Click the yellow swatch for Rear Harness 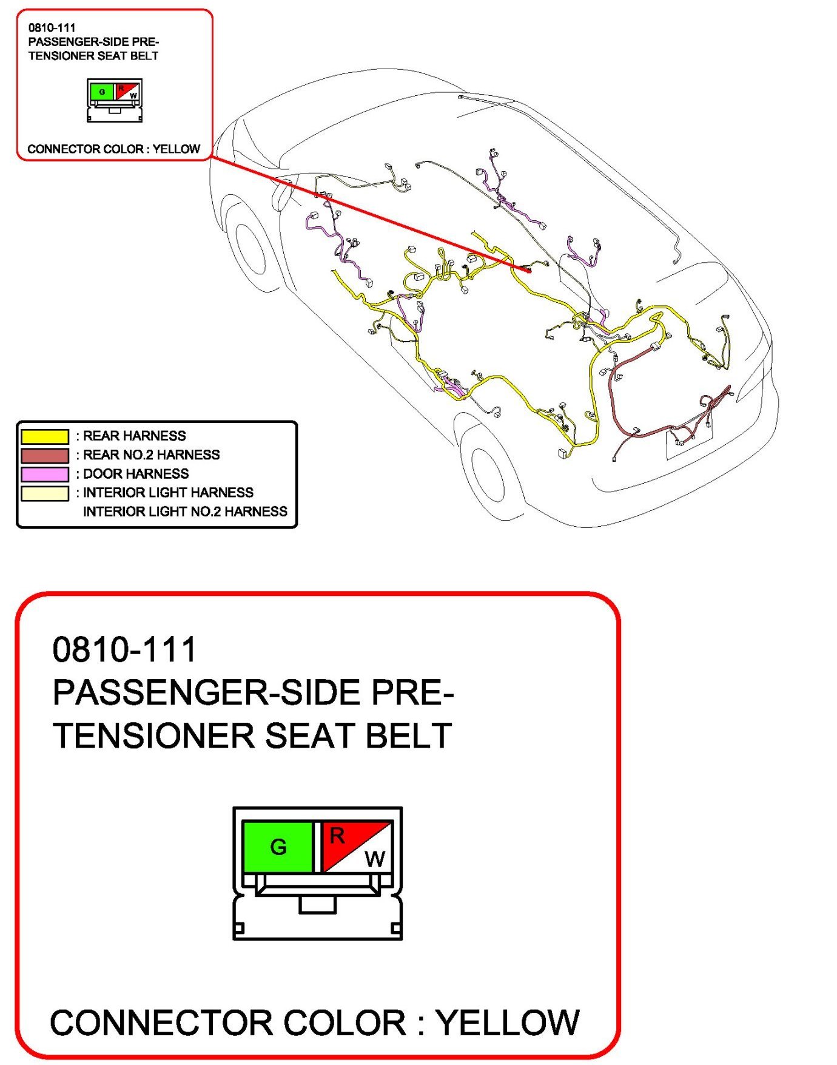coord(45,436)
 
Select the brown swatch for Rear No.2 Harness coord(45,455)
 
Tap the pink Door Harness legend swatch coord(45,474)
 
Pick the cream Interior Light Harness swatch coord(45,493)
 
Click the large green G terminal coord(278,847)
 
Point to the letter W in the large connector coord(375,859)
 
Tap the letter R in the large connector coord(337,836)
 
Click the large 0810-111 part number coord(124,649)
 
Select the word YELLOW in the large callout coord(508,1023)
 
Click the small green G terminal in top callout coord(102,92)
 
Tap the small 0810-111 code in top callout coord(52,27)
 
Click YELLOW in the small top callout coord(176,149)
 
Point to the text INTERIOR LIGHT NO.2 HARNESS coord(185,512)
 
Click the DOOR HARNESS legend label coord(136,474)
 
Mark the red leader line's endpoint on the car coord(529,271)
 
